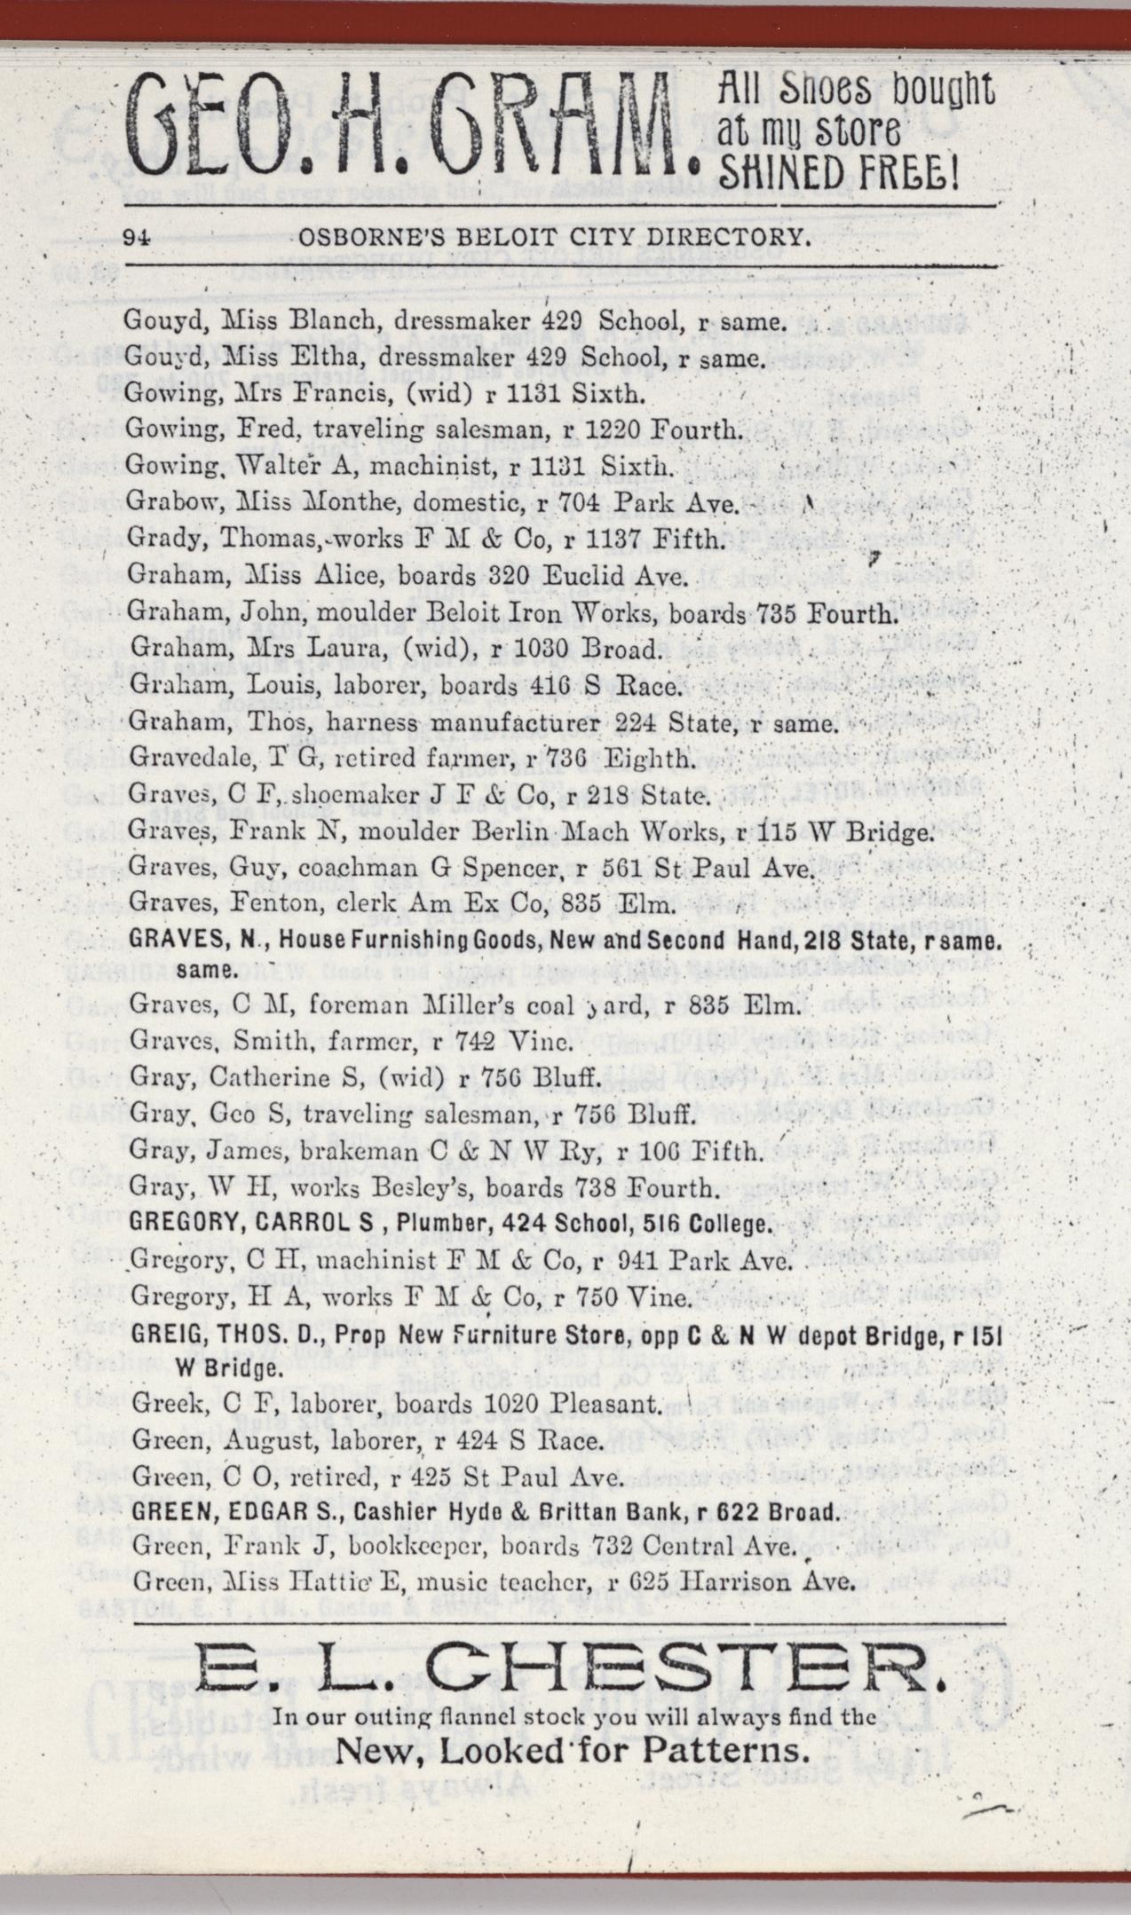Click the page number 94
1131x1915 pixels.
click(x=140, y=237)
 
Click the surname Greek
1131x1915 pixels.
click(x=156, y=1404)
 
